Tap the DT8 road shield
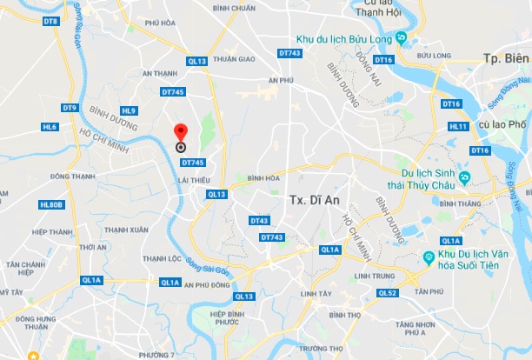click(x=50, y=20)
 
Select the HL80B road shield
click(x=51, y=204)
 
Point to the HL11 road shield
click(x=458, y=126)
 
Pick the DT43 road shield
click(x=259, y=221)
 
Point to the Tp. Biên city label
click(x=505, y=58)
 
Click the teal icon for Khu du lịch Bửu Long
click(x=401, y=37)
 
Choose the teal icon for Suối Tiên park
click(x=428, y=257)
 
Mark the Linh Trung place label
click(x=375, y=276)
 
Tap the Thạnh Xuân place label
click(x=126, y=230)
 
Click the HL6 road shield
click(x=50, y=127)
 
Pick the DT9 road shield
click(x=70, y=108)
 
